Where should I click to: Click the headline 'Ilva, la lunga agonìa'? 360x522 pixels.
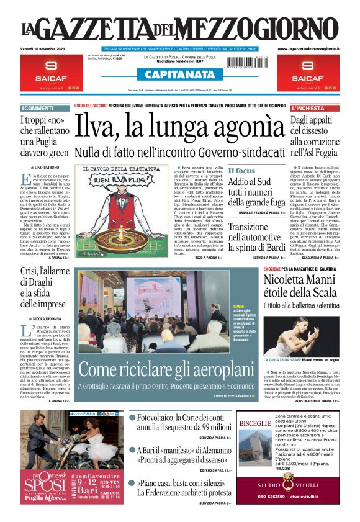click(179, 128)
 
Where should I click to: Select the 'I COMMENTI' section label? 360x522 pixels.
click(38, 108)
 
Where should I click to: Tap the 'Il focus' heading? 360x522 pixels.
click(241, 171)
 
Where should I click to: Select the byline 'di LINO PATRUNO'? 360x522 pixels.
click(43, 168)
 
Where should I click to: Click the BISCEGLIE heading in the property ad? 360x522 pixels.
click(255, 423)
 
